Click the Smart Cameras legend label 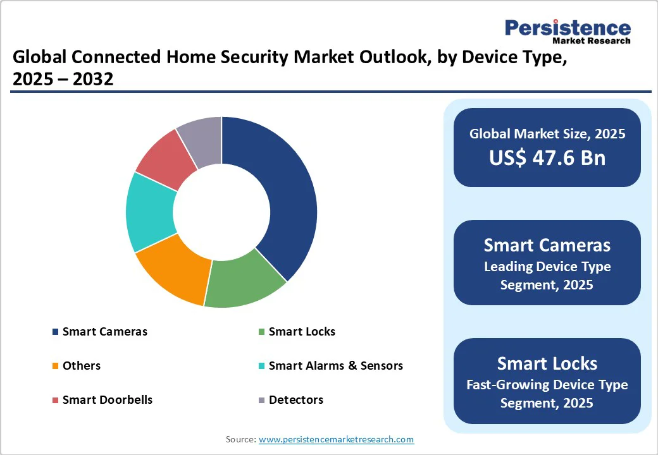pos(104,332)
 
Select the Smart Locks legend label pos(302,332)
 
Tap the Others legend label pos(81,366)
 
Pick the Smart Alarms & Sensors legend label pos(335,366)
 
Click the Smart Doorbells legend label pos(107,400)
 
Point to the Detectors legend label pos(295,400)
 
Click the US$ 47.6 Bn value pos(547,158)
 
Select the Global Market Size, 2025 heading pos(547,134)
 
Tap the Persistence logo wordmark pos(567,28)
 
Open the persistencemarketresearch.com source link pos(336,439)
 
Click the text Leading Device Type pos(547,267)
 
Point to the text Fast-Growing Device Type pos(547,385)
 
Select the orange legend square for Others pos(56,366)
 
